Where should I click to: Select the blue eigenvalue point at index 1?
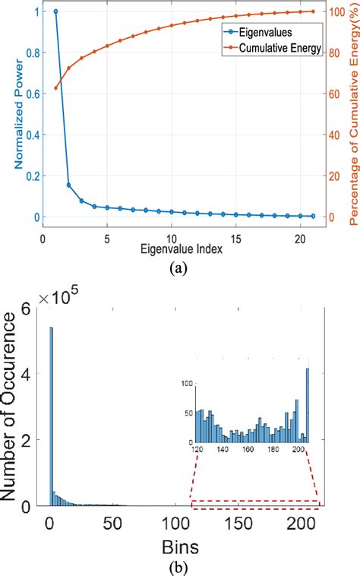pos(55,11)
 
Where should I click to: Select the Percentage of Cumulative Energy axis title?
pos(352,114)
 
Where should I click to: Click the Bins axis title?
pos(180,547)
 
